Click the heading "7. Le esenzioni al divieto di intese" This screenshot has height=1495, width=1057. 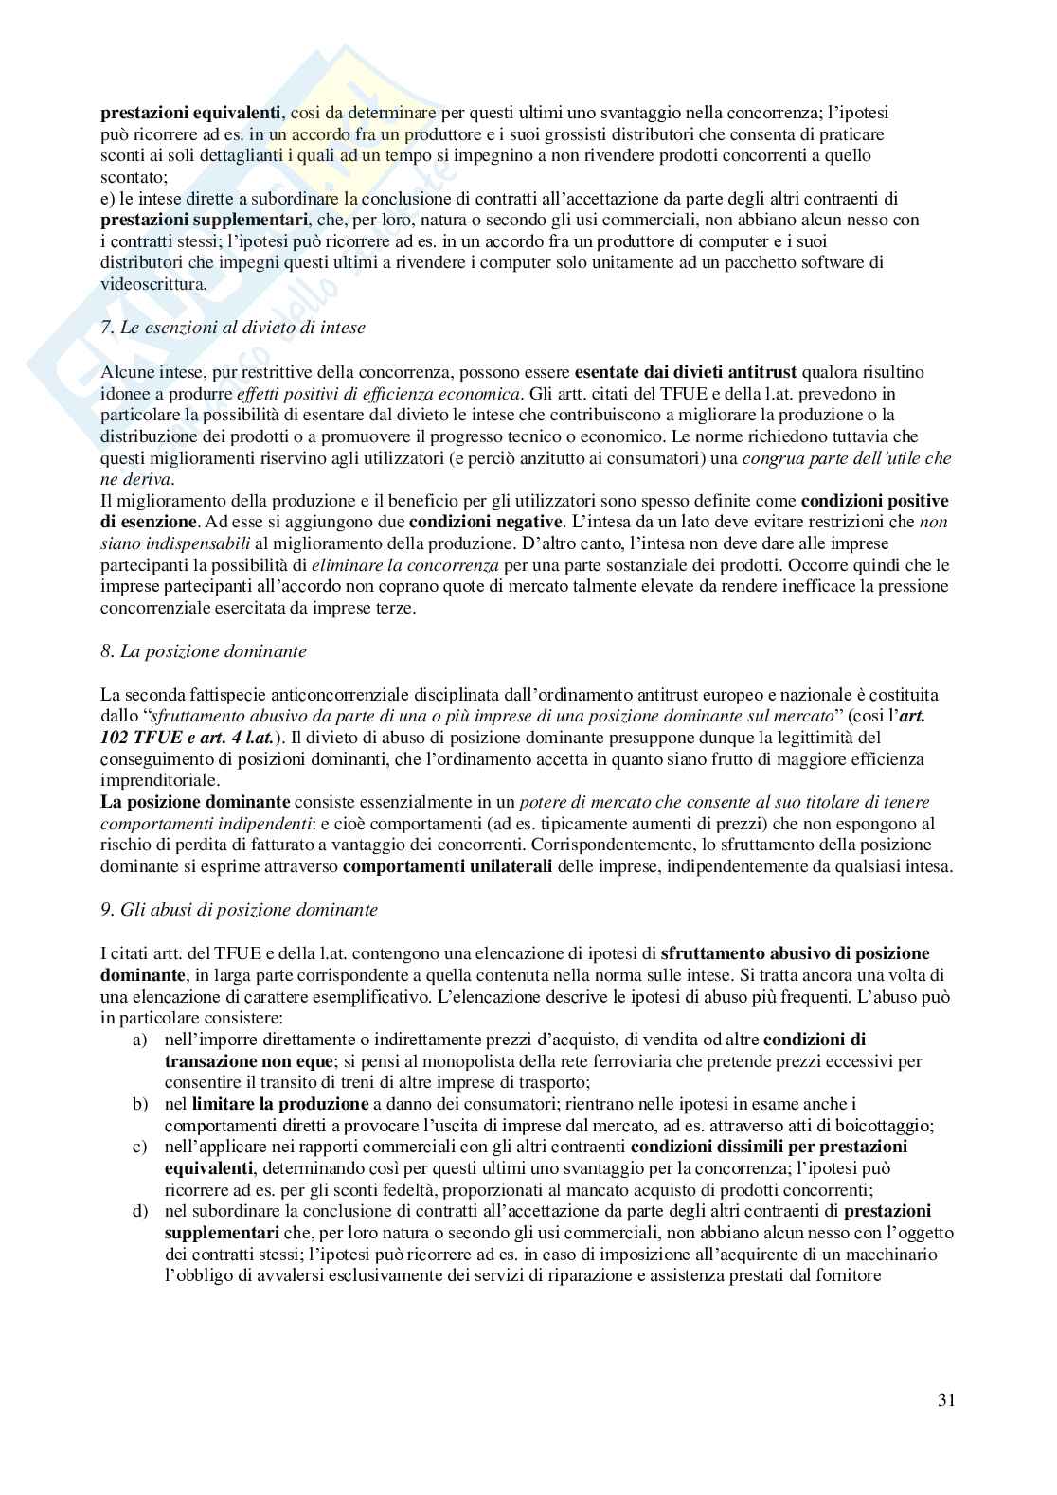tap(232, 328)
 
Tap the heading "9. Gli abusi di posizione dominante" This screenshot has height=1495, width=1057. tap(239, 910)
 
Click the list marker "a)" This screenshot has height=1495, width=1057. tap(139, 1040)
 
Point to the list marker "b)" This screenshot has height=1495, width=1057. tap(139, 1104)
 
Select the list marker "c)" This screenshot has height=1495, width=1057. tap(139, 1147)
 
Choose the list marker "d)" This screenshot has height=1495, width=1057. tap(139, 1211)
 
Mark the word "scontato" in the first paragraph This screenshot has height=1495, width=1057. tap(132, 177)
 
